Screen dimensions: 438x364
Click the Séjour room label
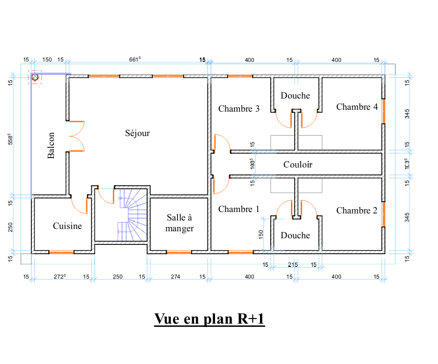pyautogui.click(x=137, y=133)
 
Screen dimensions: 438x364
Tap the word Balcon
pyautogui.click(x=51, y=145)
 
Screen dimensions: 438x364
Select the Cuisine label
pyautogui.click(x=67, y=226)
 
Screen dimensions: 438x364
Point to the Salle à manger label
pyautogui.click(x=179, y=223)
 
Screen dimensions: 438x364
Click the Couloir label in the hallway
pyautogui.click(x=298, y=165)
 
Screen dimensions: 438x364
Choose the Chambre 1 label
pyautogui.click(x=239, y=209)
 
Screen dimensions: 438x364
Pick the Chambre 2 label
pyautogui.click(x=356, y=211)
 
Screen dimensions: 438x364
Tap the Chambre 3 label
pyautogui.click(x=239, y=108)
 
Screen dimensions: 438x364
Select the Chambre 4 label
pyautogui.click(x=356, y=106)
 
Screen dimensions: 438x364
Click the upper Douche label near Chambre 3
pyautogui.click(x=295, y=96)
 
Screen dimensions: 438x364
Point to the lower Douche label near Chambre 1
pyautogui.click(x=295, y=235)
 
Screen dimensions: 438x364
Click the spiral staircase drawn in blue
pyautogui.click(x=133, y=215)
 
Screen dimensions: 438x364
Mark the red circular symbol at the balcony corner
pyautogui.click(x=35, y=77)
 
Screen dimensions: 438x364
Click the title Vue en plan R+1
pyautogui.click(x=209, y=318)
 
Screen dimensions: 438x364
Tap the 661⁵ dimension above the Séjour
pyautogui.click(x=135, y=59)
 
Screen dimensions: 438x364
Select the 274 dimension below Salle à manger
pyautogui.click(x=175, y=277)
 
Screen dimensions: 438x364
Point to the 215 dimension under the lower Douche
pyautogui.click(x=293, y=265)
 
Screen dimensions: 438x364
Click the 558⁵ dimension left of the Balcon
pyautogui.click(x=10, y=139)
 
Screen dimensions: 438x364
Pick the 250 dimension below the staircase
pyautogui.click(x=118, y=277)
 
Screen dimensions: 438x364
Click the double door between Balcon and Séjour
pyautogui.click(x=76, y=136)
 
